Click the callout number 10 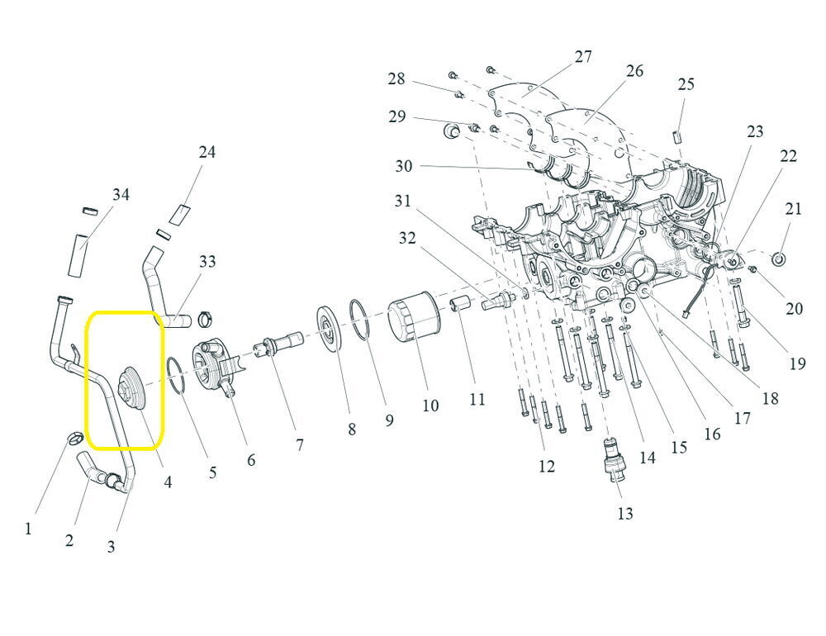430,406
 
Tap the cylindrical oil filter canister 412,317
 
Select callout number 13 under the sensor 625,513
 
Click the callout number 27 583,57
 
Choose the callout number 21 793,210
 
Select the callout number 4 168,481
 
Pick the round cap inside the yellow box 130,386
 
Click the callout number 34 121,195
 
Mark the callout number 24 206,152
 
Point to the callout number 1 28,528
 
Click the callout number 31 402,201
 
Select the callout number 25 686,84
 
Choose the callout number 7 299,445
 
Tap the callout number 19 797,363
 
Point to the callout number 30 403,166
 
